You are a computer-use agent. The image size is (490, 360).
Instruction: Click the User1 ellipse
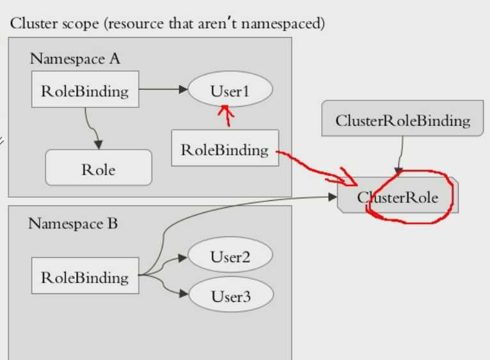[230, 90]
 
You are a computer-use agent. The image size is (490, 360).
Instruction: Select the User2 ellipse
[230, 257]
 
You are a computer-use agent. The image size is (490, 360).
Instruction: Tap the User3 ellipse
[230, 296]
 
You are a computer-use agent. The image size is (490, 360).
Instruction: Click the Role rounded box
[99, 169]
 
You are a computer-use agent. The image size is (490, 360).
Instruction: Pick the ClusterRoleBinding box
[402, 120]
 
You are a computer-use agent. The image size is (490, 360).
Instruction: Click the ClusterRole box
[398, 198]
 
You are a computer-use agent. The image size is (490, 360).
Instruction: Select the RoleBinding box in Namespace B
[85, 277]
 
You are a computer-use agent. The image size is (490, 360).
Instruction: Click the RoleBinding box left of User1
[85, 90]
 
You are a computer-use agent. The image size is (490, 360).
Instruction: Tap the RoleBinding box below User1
[225, 149]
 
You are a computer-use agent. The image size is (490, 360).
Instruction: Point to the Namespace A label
[74, 59]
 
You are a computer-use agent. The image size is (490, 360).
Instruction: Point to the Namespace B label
[73, 224]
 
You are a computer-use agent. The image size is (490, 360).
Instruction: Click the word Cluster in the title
[29, 24]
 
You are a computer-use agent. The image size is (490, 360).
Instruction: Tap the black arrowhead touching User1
[182, 90]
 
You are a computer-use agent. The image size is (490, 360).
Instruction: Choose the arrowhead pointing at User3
[182, 295]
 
